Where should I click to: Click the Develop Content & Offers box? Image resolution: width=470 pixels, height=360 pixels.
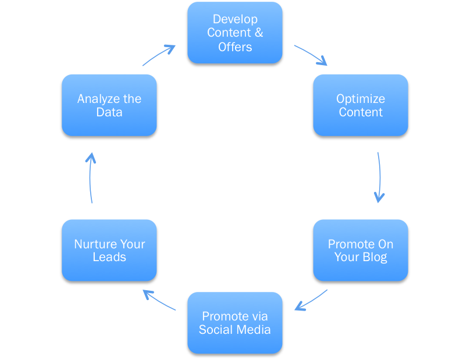(235, 33)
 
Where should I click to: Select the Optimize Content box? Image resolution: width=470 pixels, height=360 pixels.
(361, 106)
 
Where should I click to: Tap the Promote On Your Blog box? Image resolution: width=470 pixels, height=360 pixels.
(361, 251)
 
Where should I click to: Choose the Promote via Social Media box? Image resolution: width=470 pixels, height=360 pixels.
(235, 323)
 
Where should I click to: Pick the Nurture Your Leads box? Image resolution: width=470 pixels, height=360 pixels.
(109, 251)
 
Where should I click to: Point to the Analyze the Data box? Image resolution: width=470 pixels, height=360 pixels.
(109, 106)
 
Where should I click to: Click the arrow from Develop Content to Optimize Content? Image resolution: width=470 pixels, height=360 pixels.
(311, 54)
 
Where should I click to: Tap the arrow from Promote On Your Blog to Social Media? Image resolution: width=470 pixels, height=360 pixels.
(311, 301)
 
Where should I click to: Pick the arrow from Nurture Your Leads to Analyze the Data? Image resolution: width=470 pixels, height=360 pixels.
(91, 177)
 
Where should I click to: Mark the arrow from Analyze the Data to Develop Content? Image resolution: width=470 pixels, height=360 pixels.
(159, 55)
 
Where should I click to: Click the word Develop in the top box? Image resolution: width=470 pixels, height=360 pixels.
(235, 20)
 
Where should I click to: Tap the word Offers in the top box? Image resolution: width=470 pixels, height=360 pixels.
(235, 47)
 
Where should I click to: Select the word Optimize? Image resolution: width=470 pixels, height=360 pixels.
(361, 99)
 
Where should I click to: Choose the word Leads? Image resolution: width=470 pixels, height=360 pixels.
(109, 257)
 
